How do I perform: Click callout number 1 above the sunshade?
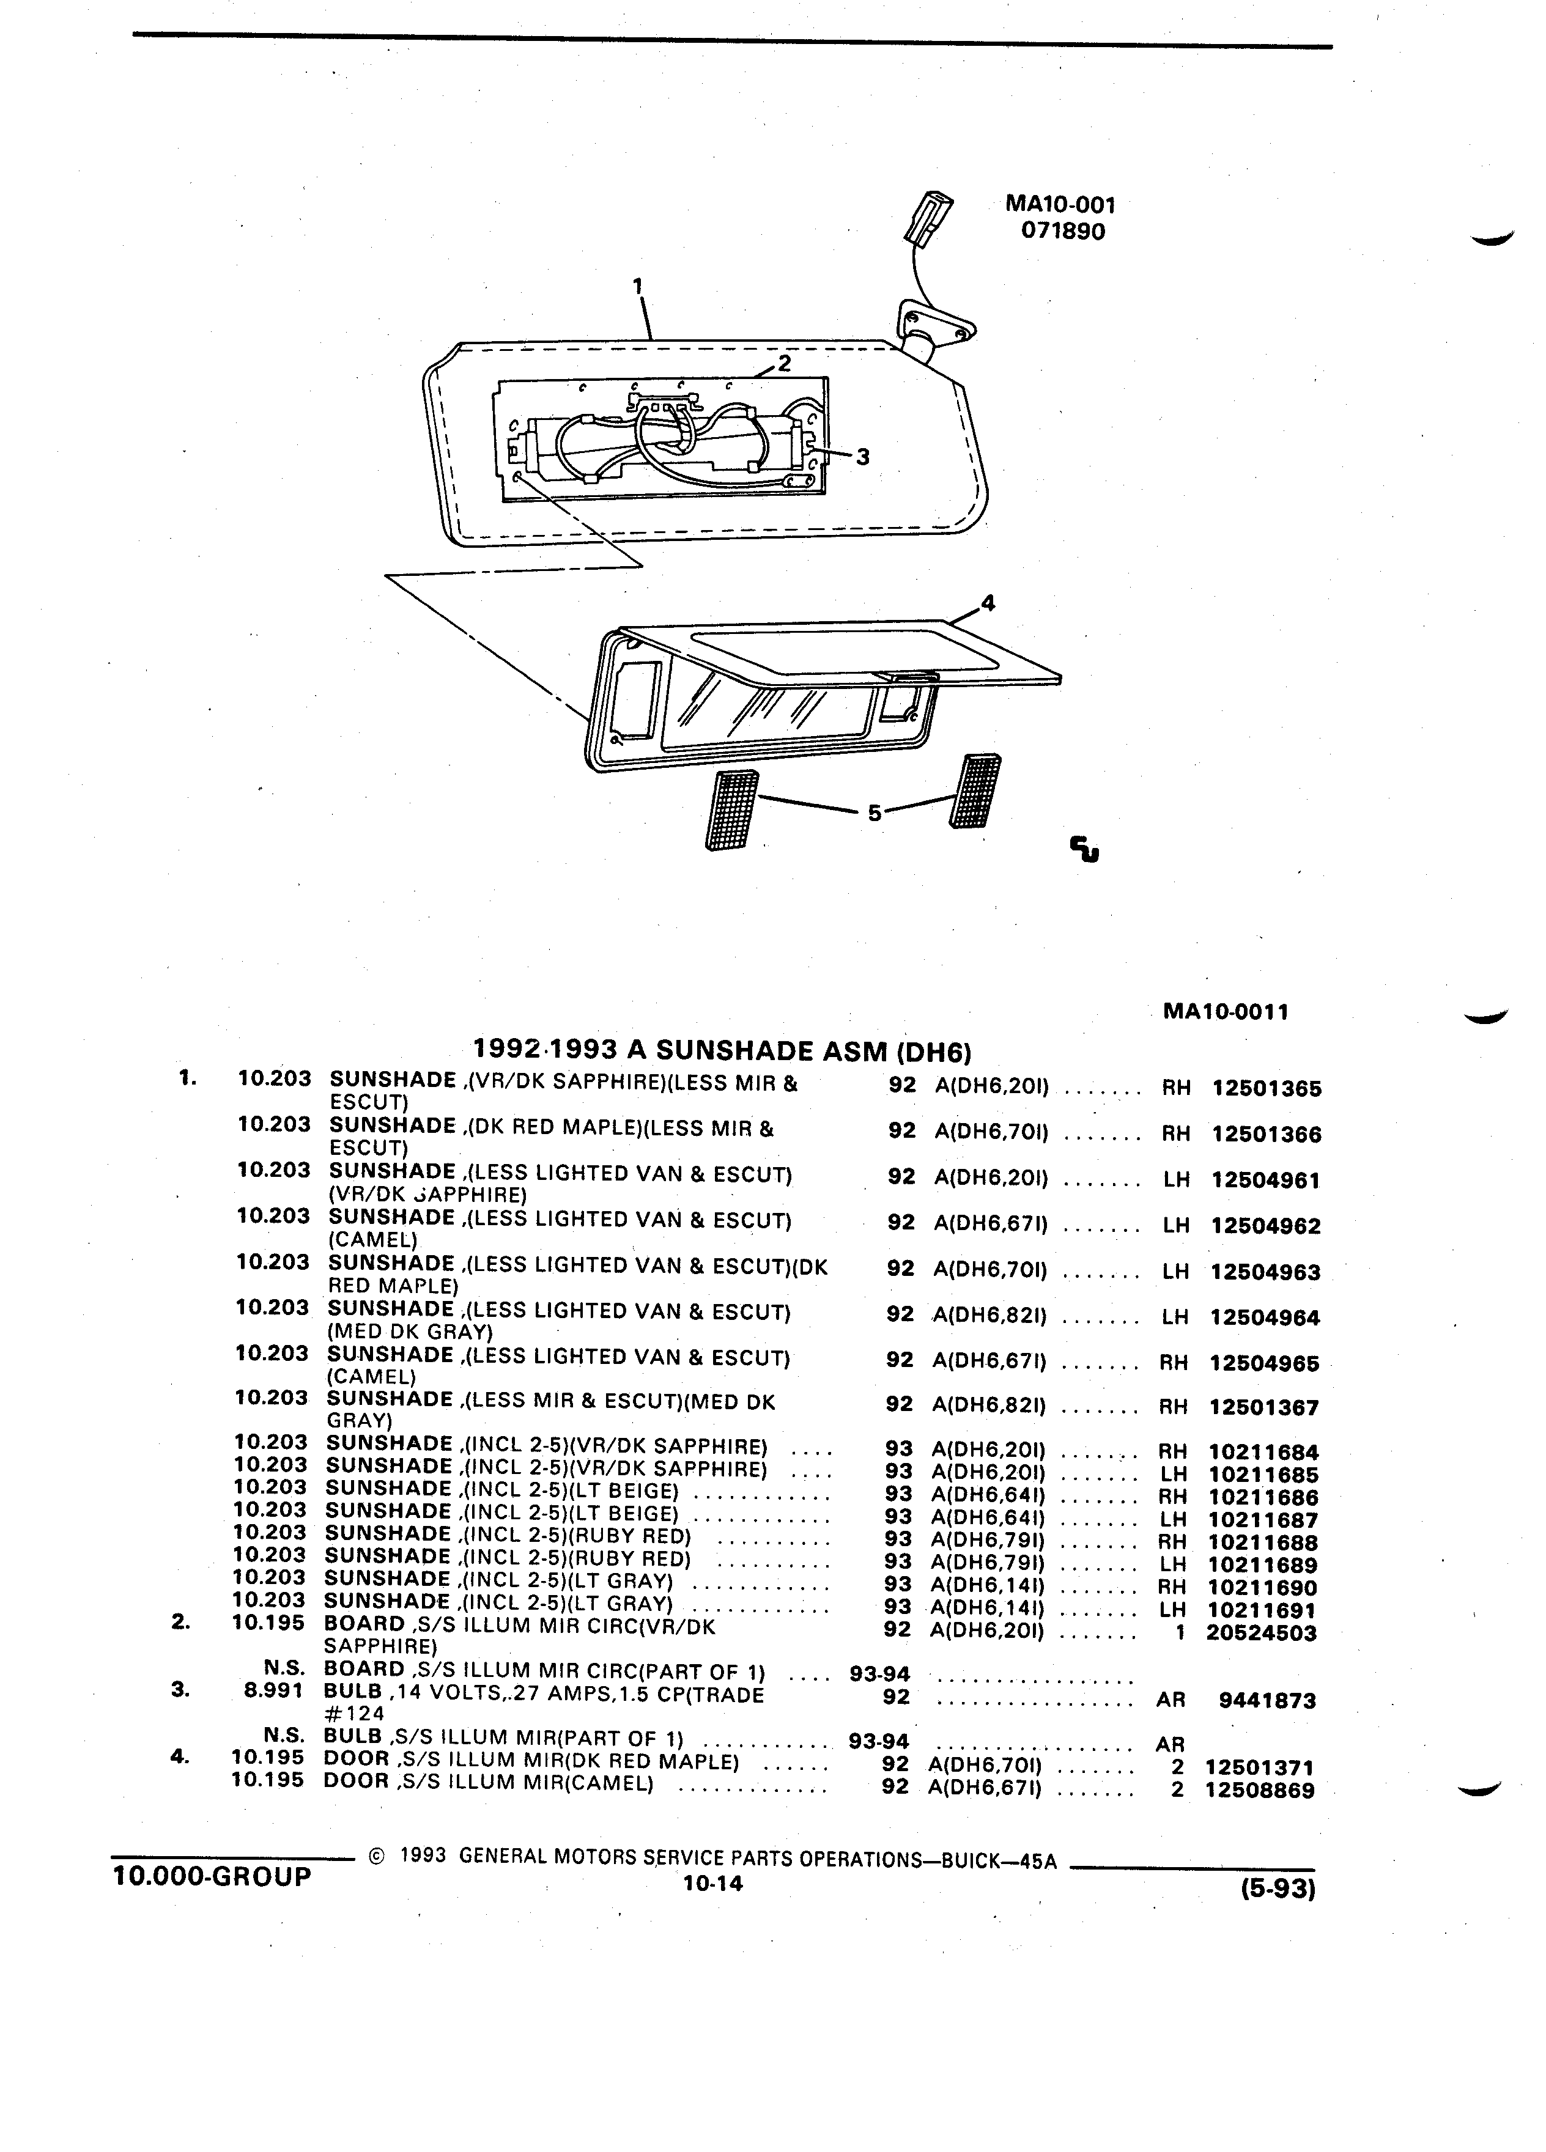coord(638,285)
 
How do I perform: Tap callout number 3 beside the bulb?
coord(862,457)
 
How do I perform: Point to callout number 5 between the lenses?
coord(874,813)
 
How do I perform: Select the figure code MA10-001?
coord(1060,204)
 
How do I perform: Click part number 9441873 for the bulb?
coord(1267,1700)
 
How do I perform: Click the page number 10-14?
coord(712,1884)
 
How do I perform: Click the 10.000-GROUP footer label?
coord(212,1876)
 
